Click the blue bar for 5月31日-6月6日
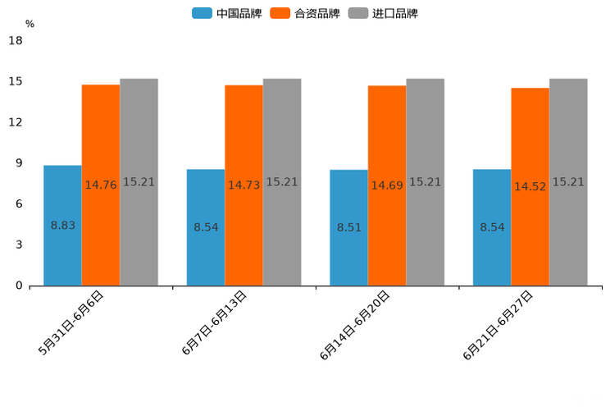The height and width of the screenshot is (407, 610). point(62,226)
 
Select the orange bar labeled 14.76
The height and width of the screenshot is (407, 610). point(101,185)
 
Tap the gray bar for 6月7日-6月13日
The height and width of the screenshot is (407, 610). point(282,182)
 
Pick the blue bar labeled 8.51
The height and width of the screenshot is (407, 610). point(348,227)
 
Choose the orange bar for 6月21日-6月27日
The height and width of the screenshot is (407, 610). point(530,186)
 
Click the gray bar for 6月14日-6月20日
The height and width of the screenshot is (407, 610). point(426,182)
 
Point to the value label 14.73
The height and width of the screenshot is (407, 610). point(244,185)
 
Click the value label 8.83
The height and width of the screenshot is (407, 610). point(63,225)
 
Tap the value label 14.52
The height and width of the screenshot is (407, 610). point(530,187)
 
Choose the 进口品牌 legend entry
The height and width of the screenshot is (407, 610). point(383,13)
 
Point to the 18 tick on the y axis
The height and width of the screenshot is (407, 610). point(16,41)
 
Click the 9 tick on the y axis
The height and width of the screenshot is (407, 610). point(19,163)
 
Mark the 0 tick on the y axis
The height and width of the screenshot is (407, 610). point(19,286)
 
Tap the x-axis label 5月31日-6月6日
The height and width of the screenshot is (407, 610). point(71,323)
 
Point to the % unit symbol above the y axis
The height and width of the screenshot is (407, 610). point(30,24)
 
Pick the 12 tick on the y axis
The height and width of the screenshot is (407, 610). point(16,122)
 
